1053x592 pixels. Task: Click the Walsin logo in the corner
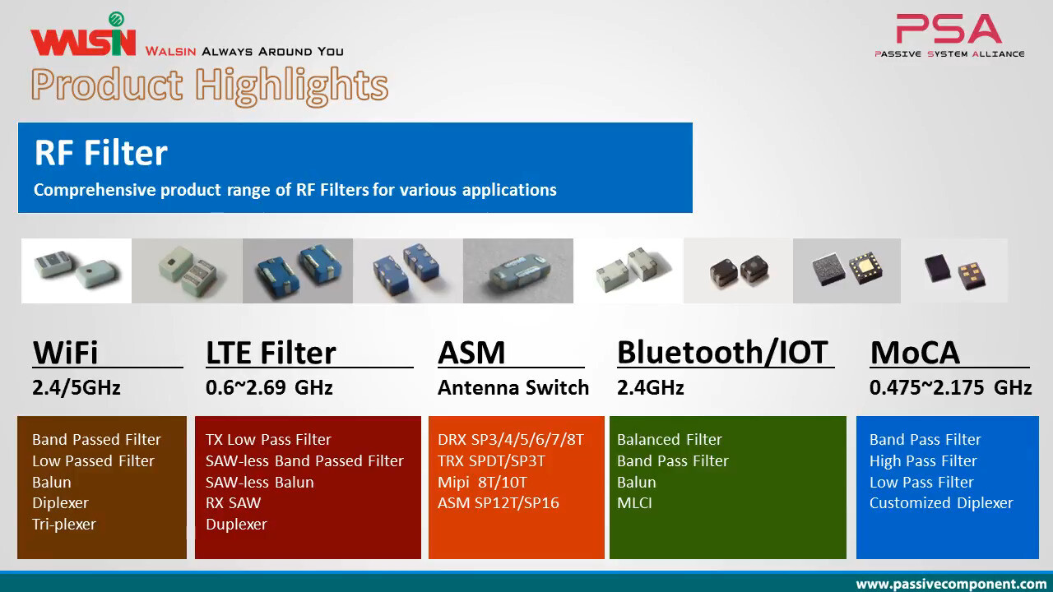pos(84,35)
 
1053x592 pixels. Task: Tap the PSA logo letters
pos(949,29)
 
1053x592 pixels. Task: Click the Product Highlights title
pos(210,86)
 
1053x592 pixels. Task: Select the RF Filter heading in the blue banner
pos(101,153)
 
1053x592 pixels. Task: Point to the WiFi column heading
pos(65,352)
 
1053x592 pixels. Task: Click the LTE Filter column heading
pos(271,352)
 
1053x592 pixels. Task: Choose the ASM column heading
pos(471,352)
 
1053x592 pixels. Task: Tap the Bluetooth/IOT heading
pos(722,352)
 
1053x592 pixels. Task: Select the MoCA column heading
pos(915,352)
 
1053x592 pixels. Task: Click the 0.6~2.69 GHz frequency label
pos(269,387)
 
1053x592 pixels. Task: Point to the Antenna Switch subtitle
pos(513,387)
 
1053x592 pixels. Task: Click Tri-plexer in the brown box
pos(64,524)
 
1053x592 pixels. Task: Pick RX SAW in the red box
pos(233,502)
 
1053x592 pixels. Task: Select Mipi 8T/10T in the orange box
pos(482,482)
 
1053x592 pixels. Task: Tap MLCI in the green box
pos(634,502)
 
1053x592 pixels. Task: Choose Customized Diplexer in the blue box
pos(941,502)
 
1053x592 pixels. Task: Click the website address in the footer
pos(952,584)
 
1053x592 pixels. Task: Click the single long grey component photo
pos(518,271)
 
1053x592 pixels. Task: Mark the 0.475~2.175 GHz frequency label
pos(950,387)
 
